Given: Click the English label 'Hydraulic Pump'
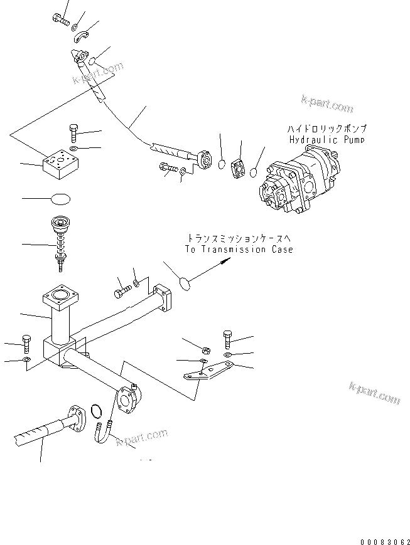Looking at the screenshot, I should (x=326, y=139).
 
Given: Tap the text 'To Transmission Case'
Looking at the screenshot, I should (x=239, y=250).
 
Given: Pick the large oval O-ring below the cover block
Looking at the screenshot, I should (x=60, y=199).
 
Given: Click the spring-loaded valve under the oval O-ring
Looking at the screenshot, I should (x=61, y=241).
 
